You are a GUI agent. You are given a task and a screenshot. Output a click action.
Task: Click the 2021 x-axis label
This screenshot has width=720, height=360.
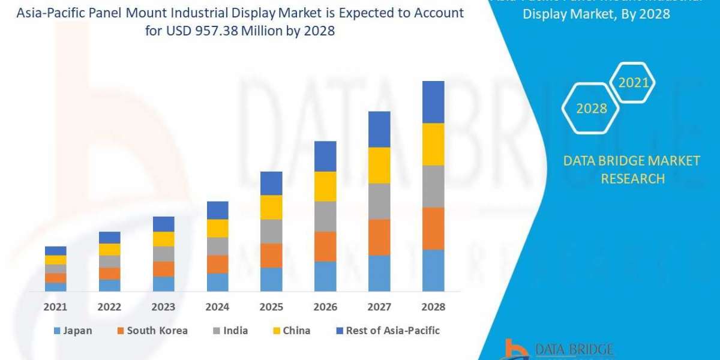click(x=55, y=307)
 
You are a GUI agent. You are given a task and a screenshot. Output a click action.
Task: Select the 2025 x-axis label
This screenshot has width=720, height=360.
click(x=271, y=307)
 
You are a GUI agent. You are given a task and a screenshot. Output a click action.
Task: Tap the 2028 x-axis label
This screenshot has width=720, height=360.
click(x=433, y=307)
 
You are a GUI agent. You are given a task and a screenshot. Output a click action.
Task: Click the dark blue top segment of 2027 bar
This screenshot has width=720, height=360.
click(x=379, y=129)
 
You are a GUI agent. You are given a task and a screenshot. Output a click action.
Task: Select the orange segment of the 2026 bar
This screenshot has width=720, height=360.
click(x=325, y=246)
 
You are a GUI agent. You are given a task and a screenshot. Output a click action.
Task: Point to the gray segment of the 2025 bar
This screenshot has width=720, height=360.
click(x=271, y=231)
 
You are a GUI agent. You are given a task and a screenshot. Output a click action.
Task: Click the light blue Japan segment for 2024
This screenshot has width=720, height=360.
click(x=217, y=282)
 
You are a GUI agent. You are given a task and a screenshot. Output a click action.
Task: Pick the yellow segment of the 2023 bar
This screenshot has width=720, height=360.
click(x=163, y=239)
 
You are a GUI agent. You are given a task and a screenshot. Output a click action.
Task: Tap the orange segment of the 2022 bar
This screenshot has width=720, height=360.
click(x=109, y=274)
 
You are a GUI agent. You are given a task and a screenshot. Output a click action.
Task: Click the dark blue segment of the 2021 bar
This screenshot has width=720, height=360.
click(x=55, y=251)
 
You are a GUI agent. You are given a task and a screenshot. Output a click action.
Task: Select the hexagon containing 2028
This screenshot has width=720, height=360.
click(x=592, y=109)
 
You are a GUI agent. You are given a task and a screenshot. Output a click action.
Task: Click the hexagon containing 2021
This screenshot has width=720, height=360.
click(x=633, y=83)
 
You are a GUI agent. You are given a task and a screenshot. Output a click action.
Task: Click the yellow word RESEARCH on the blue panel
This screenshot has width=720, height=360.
click(x=632, y=179)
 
